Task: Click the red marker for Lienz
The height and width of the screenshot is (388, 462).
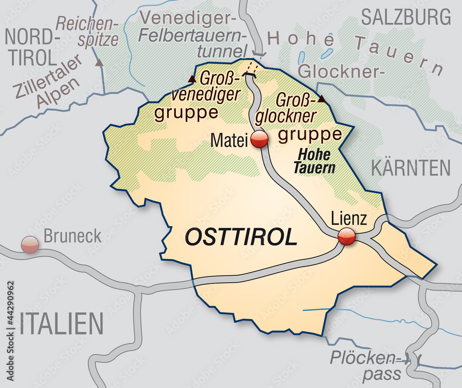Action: click(x=346, y=236)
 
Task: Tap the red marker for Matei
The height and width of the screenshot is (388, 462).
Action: click(x=259, y=139)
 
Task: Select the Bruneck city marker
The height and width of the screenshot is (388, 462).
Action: click(x=30, y=244)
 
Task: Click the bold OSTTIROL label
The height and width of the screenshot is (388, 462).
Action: click(x=240, y=237)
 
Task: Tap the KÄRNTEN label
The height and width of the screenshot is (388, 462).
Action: click(x=410, y=168)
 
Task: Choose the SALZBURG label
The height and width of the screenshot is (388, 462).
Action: click(x=406, y=17)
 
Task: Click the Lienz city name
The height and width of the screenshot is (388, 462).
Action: click(x=349, y=218)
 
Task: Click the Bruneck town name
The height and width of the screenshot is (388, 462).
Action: click(x=72, y=236)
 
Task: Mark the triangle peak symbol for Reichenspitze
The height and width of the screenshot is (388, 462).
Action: click(x=99, y=62)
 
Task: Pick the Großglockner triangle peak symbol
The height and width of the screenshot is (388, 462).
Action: click(x=322, y=98)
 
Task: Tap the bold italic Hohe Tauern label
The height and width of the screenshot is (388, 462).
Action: click(x=314, y=162)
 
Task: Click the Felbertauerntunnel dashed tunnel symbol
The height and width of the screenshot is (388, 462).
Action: click(x=251, y=70)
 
